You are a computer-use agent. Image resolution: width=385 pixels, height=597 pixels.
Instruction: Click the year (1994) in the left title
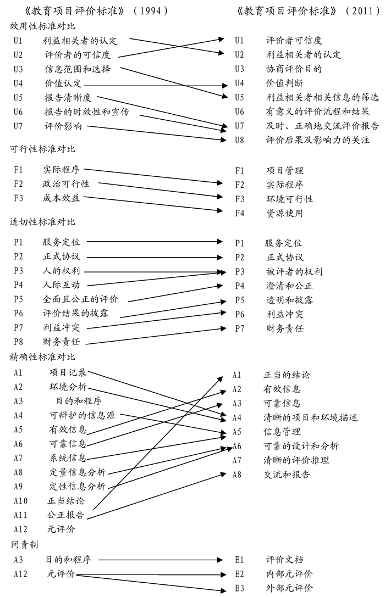click(x=152, y=11)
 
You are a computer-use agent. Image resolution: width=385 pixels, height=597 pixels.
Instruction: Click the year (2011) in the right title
click(x=362, y=11)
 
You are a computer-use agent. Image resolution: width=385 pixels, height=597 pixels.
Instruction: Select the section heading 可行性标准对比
click(x=43, y=149)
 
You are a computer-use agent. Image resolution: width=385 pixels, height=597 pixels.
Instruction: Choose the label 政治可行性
click(x=67, y=184)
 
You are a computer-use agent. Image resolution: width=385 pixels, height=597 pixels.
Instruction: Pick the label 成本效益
click(x=62, y=198)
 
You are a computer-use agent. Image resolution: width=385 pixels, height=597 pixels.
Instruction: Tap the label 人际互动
click(x=62, y=284)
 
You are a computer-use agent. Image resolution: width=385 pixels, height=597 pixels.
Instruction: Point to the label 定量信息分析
click(x=78, y=472)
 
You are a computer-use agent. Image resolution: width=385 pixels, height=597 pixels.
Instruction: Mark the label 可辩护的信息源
click(x=82, y=415)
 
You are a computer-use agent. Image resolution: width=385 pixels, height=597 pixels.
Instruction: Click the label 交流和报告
click(x=287, y=475)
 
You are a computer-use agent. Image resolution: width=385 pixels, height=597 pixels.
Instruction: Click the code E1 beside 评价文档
click(x=239, y=560)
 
